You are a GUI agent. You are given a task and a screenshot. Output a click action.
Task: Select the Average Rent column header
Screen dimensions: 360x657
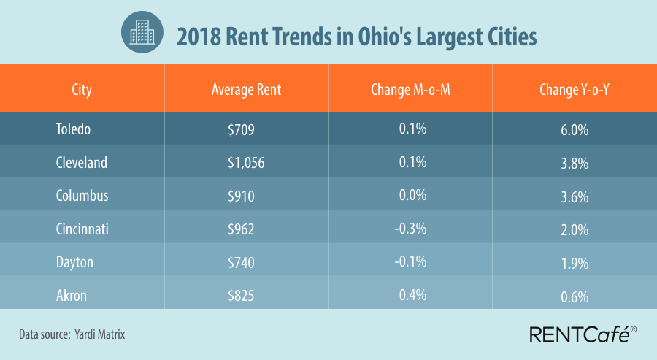pos(246,90)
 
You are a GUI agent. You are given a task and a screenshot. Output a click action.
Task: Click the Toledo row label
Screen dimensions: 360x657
pos(74,129)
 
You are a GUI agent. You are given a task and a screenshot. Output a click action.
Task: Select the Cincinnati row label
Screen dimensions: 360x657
pos(82,229)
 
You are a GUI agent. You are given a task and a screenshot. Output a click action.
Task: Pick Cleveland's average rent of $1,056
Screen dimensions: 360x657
pos(246,163)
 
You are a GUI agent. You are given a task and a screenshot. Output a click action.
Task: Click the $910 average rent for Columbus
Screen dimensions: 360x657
pos(242,196)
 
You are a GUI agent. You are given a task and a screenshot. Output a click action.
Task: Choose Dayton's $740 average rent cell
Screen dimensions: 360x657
pos(242,261)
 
